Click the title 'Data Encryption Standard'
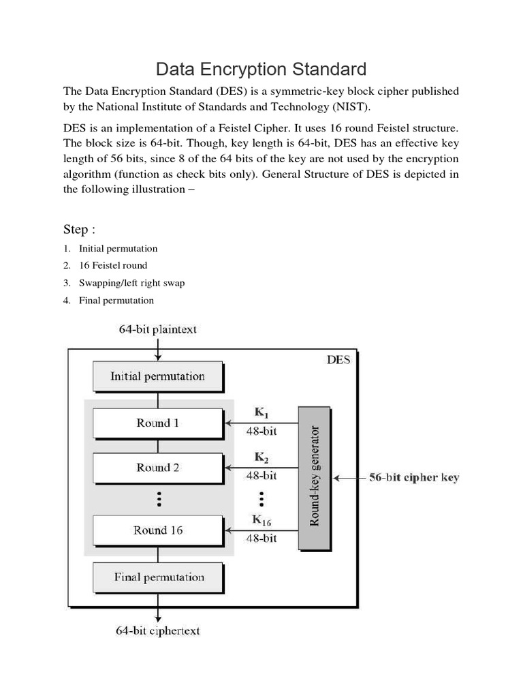[x=261, y=69]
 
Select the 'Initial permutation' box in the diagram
[x=157, y=376]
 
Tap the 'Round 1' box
[x=157, y=423]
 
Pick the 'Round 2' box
[x=157, y=468]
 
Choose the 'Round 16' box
[x=157, y=530]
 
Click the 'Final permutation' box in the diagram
[x=157, y=577]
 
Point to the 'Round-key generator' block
[x=314, y=477]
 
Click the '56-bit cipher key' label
[x=413, y=478]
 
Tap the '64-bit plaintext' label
[x=158, y=330]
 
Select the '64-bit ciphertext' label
[x=158, y=631]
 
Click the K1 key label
[x=261, y=413]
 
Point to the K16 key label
[x=261, y=520]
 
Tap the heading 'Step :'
[x=79, y=229]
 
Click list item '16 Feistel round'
[x=112, y=265]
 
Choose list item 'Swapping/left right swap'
[x=131, y=283]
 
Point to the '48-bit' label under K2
[x=261, y=475]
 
